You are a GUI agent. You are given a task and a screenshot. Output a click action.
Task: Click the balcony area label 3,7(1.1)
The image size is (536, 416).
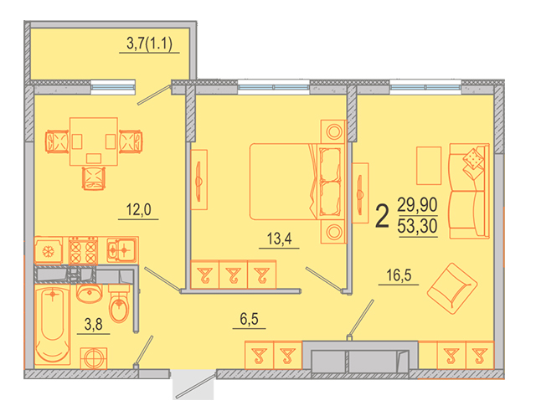(149, 44)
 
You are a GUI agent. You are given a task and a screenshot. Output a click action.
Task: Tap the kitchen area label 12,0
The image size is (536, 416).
(138, 209)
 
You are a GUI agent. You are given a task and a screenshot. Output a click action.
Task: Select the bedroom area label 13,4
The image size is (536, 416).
(279, 239)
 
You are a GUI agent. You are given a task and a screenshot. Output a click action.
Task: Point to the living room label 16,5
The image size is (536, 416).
(399, 275)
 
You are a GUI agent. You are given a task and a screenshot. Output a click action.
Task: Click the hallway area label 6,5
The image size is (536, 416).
(250, 319)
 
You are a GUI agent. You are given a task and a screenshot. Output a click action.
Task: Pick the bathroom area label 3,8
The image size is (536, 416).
(93, 324)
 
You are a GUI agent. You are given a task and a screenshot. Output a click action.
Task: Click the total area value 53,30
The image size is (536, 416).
(417, 226)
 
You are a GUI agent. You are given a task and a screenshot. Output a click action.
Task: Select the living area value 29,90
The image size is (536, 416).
(417, 204)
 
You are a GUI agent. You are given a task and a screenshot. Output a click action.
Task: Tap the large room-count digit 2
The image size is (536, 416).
(382, 216)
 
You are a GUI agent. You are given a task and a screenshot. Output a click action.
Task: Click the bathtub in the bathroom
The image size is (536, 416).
(52, 325)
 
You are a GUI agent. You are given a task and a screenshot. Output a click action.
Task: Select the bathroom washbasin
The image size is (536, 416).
(90, 293)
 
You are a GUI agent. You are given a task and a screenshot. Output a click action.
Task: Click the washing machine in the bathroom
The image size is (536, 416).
(93, 358)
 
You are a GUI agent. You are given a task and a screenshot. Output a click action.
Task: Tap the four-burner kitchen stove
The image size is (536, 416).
(83, 251)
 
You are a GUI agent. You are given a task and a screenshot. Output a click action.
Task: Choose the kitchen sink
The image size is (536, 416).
(121, 250)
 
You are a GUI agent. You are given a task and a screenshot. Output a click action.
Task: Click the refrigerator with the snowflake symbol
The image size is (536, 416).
(49, 251)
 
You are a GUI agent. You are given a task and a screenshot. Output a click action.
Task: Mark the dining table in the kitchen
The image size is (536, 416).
(94, 141)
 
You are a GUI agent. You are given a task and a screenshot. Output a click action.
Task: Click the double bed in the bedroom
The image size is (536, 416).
(296, 182)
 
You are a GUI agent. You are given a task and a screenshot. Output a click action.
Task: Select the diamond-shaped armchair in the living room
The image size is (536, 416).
(452, 289)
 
